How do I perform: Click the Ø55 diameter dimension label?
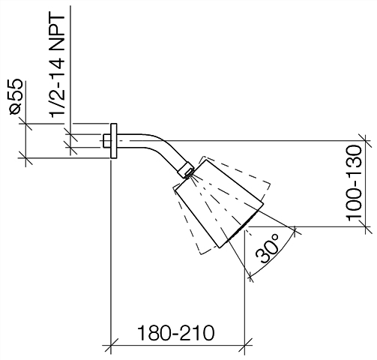16,97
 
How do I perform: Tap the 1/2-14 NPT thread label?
57,66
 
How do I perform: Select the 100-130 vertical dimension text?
354,183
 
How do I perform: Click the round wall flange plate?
114,141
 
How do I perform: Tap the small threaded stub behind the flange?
107,141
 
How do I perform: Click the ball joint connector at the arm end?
187,170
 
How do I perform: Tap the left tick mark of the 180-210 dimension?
111,346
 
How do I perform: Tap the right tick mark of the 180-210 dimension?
245,346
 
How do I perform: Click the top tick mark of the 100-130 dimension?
365,141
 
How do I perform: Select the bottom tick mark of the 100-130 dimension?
365,226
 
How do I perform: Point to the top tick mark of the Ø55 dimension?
25,123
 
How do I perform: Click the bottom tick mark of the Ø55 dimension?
25,158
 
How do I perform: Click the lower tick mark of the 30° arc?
250,276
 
